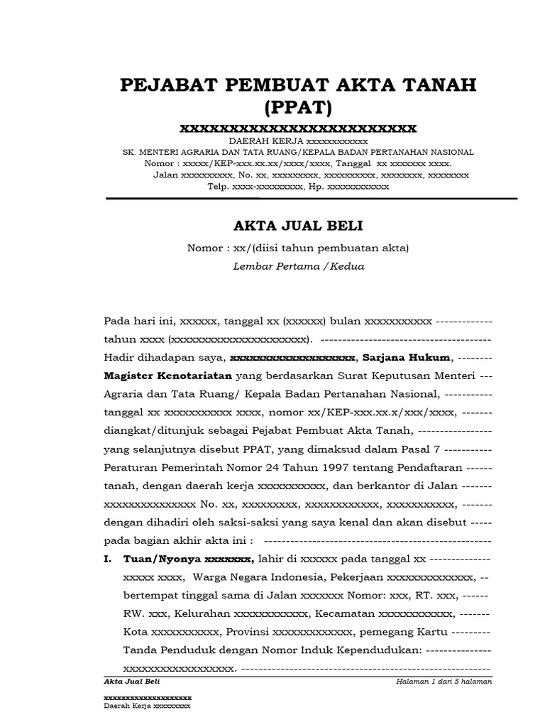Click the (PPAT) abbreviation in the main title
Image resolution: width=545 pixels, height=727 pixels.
point(298,109)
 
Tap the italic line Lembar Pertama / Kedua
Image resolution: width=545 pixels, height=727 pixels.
point(298,266)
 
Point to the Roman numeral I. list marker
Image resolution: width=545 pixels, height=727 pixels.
point(108,558)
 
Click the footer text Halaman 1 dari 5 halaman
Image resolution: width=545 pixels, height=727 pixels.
point(445,682)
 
